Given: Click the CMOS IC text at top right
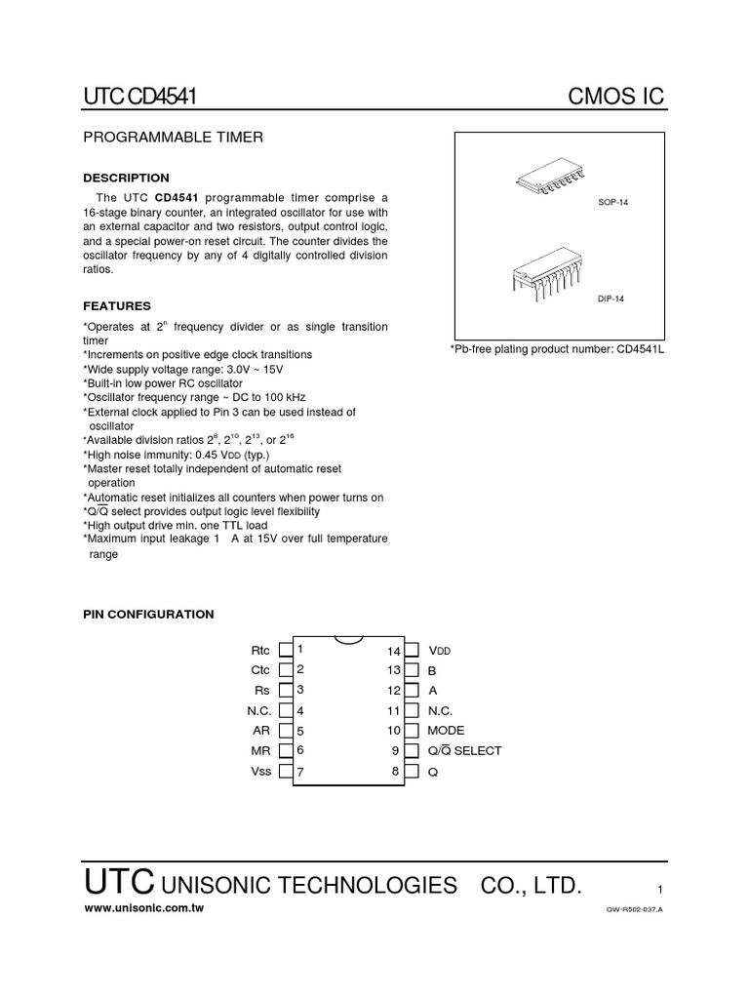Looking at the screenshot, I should click(x=616, y=97).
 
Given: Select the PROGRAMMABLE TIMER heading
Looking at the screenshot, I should click(x=172, y=138).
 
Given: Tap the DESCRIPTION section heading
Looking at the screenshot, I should click(x=126, y=178).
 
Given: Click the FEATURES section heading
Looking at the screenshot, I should click(x=117, y=305).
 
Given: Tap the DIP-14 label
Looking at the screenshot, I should click(x=611, y=302).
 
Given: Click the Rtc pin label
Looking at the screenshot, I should click(x=259, y=650).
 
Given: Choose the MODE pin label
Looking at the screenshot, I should click(x=446, y=731).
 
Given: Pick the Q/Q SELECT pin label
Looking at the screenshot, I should click(x=464, y=751).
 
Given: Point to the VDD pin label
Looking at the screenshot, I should click(x=440, y=651).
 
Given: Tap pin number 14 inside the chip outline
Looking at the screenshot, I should click(x=394, y=651).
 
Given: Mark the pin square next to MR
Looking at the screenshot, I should click(x=285, y=751).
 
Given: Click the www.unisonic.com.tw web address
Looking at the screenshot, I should click(x=145, y=907).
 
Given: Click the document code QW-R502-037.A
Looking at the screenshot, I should click(x=634, y=909).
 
